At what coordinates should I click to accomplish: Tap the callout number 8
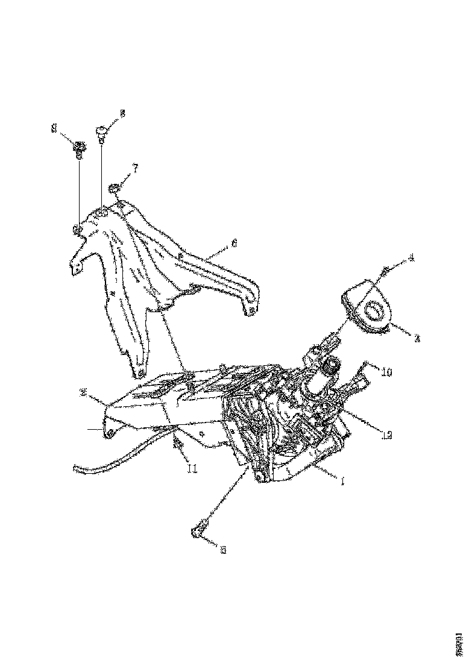pyautogui.click(x=122, y=113)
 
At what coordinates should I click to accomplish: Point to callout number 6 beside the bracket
pyautogui.click(x=234, y=244)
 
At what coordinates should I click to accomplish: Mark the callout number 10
pyautogui.click(x=386, y=373)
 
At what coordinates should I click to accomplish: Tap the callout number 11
pyautogui.click(x=192, y=467)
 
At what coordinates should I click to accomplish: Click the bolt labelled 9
pyautogui.click(x=79, y=146)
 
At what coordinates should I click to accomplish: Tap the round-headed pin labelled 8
pyautogui.click(x=101, y=130)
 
